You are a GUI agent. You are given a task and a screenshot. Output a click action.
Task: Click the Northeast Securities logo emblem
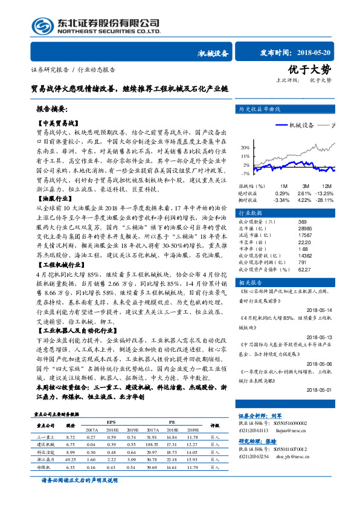[41, 25]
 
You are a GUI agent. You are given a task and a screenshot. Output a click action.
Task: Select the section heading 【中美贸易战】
[55, 122]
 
